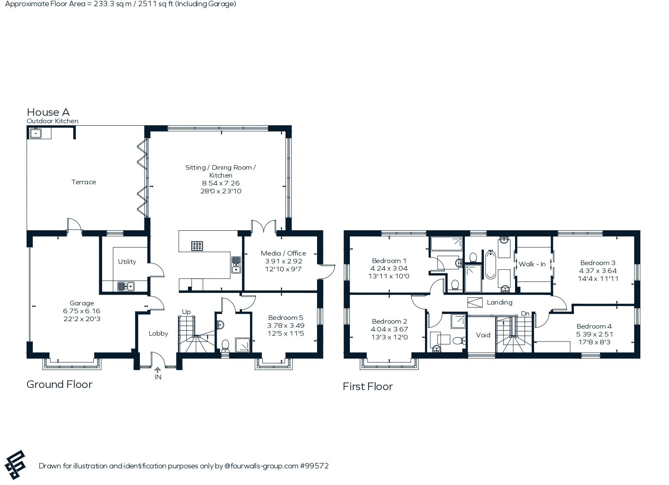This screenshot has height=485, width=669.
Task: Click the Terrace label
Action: (x=84, y=182)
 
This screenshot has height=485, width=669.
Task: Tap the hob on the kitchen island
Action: (x=197, y=246)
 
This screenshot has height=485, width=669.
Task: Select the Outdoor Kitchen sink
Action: (x=36, y=133)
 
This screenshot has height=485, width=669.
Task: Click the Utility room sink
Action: (x=126, y=286)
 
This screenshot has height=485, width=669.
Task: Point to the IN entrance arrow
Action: (x=158, y=370)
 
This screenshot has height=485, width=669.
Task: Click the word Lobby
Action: (x=158, y=333)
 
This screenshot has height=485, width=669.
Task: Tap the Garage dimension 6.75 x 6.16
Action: (x=81, y=311)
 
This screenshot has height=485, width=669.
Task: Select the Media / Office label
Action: (x=283, y=253)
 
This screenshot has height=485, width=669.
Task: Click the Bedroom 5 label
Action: (x=286, y=317)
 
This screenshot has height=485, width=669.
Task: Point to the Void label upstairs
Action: (x=483, y=335)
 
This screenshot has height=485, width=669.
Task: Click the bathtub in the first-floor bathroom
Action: (x=491, y=265)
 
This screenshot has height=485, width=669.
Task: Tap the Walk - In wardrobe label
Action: (x=532, y=264)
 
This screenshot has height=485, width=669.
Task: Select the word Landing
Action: (x=500, y=302)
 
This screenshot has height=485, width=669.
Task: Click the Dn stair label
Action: (x=525, y=314)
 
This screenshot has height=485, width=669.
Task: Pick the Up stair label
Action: (x=186, y=312)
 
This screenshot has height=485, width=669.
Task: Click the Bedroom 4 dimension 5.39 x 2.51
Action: (x=594, y=334)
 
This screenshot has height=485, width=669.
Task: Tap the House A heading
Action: (x=49, y=112)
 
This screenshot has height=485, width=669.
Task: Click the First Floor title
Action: (x=368, y=386)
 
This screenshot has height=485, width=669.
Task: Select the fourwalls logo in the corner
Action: (x=15, y=465)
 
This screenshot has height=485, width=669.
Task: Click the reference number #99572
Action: (x=314, y=466)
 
